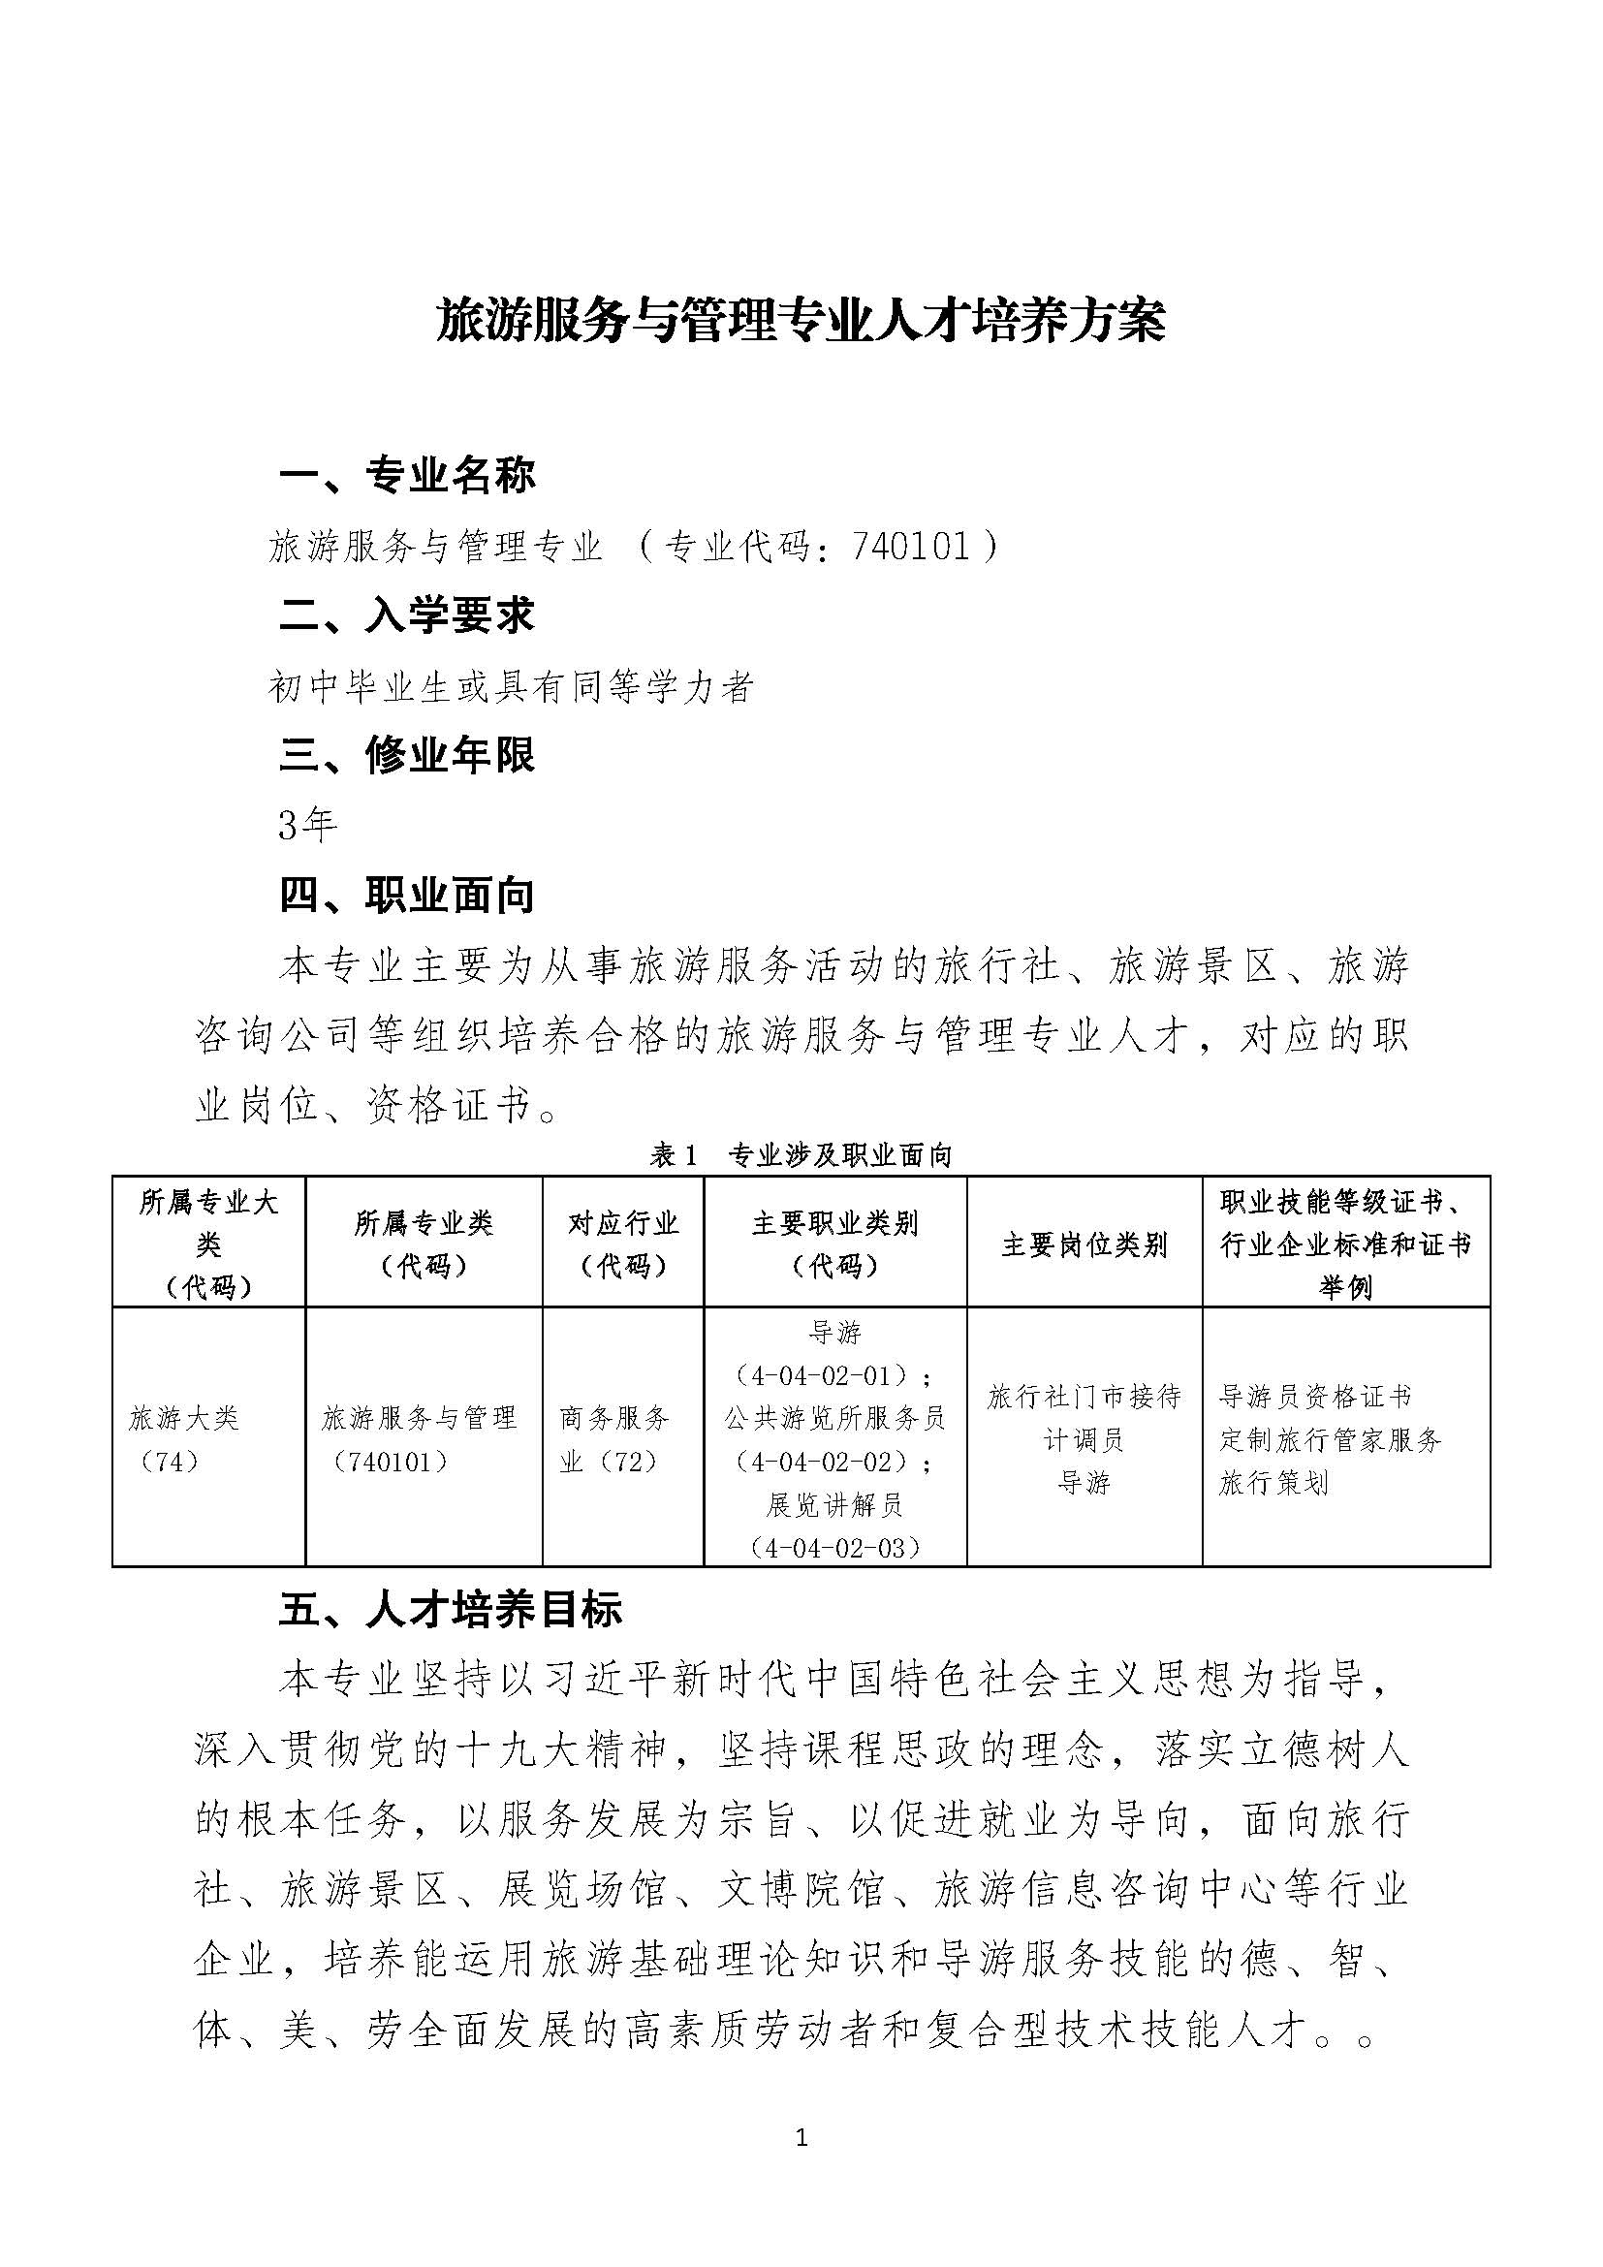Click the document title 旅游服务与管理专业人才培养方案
(x=801, y=322)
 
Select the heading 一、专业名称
(x=407, y=476)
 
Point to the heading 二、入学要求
(x=407, y=616)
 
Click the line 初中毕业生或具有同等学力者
(x=512, y=686)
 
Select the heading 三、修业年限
(x=407, y=756)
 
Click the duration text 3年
(x=308, y=826)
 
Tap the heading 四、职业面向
(x=407, y=896)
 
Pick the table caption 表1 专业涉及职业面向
(x=801, y=1155)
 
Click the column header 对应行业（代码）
(x=623, y=1244)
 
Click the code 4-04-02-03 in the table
(x=835, y=1547)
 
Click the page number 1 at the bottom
(x=801, y=2139)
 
